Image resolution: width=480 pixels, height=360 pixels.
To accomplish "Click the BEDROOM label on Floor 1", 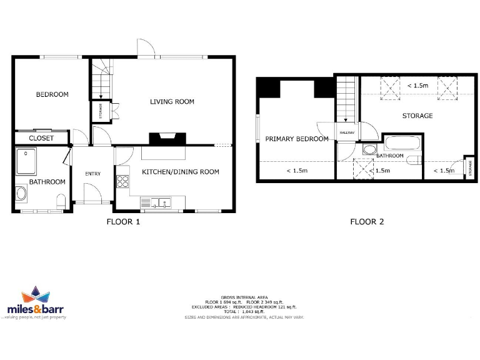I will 52,95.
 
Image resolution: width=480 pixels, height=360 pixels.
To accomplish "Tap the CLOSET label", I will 42,138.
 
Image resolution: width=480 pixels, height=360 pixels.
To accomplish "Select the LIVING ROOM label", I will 172,102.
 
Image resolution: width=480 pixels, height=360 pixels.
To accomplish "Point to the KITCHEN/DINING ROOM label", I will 181,172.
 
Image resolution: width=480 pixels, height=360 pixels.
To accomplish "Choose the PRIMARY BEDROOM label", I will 297,139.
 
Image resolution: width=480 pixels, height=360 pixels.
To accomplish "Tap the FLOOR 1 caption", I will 123,222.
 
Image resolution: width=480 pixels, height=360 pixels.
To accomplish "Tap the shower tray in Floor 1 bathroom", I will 26,161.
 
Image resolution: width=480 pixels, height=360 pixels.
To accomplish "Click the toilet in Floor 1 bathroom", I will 61,202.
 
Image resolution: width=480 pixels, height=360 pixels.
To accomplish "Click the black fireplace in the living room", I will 167,138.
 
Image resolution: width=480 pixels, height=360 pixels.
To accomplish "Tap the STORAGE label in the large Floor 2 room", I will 417,116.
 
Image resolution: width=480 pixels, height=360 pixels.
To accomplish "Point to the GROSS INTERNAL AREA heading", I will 244,297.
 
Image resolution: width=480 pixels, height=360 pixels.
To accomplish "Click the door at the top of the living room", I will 146,48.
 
